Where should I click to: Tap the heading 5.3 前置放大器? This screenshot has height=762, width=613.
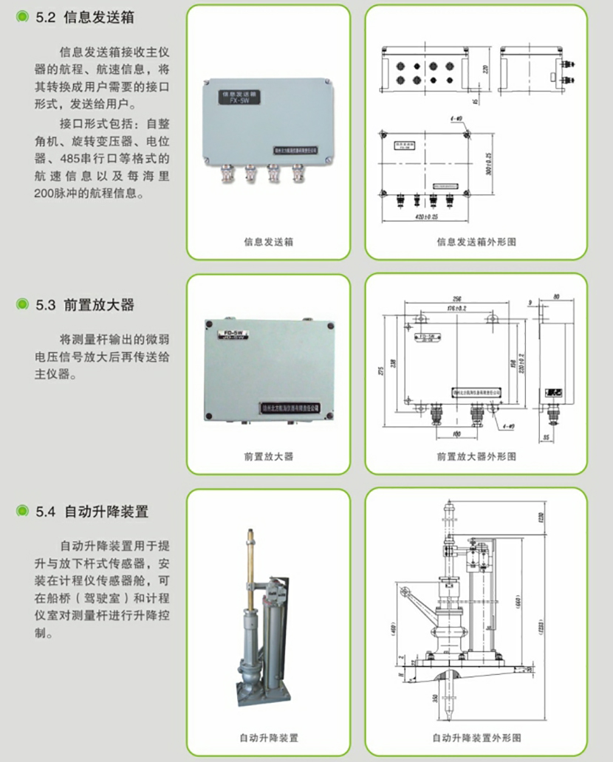92,304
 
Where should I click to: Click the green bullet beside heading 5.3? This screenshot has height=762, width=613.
23,304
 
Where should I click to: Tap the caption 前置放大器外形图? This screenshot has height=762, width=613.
476,456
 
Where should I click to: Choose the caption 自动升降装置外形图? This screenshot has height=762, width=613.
476,737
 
